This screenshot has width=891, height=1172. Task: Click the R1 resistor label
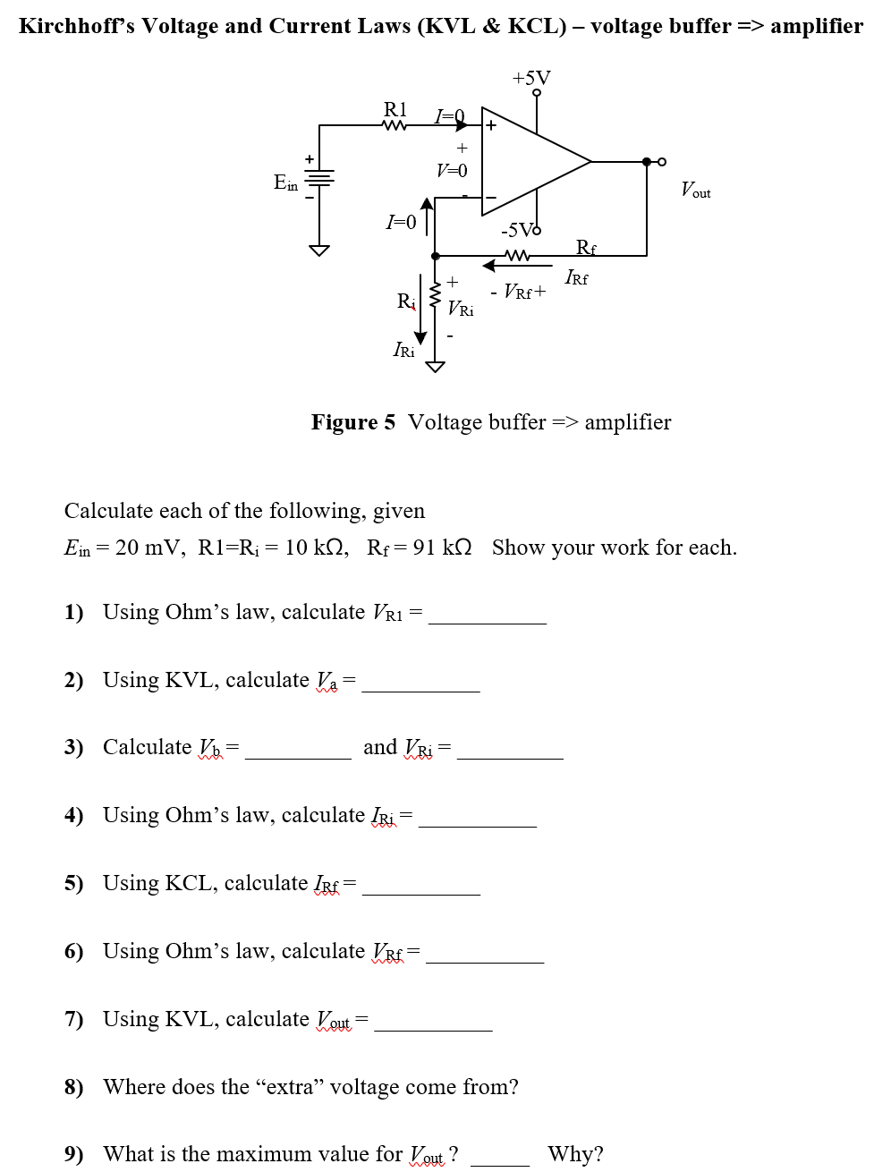point(395,109)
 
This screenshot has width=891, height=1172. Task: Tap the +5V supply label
point(531,78)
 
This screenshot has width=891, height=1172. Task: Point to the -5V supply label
point(518,230)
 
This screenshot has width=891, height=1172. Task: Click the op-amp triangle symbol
point(528,162)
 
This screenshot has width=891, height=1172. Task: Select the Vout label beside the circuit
point(695,190)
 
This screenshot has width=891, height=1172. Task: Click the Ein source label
point(285,183)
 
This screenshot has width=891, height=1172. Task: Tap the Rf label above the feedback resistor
point(586,248)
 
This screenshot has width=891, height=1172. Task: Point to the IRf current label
point(576,278)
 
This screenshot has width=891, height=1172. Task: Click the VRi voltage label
point(461,309)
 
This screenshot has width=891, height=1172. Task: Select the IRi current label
point(403,350)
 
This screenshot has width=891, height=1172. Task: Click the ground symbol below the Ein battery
point(319,250)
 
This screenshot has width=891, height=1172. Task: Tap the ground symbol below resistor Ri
point(435,366)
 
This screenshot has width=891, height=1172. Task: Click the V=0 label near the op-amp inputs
point(452,170)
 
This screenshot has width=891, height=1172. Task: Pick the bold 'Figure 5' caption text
point(352,422)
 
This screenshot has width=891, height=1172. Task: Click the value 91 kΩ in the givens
point(442,548)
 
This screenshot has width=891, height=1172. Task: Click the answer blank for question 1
point(487,615)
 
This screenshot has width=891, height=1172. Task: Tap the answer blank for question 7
point(433,1022)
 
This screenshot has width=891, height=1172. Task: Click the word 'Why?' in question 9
point(575,1154)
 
